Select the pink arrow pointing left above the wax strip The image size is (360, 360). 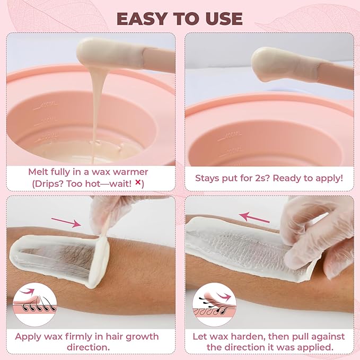pos(251,215)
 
